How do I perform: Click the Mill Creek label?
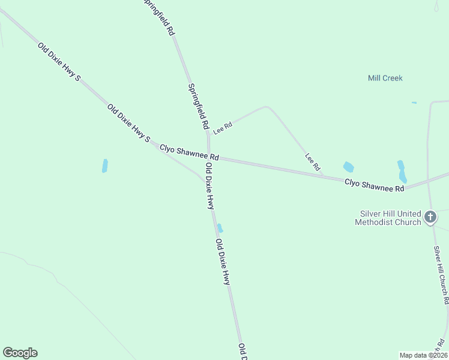coord(385,78)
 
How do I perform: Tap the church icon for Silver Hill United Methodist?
coord(430,217)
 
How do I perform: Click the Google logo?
coord(20,353)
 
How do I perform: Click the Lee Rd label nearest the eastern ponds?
coord(312,161)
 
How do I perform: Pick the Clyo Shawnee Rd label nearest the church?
coord(374,185)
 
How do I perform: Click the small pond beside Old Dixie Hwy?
coord(220,228)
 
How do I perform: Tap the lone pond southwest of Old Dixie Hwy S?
coord(104,166)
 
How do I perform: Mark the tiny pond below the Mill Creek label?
coord(414,103)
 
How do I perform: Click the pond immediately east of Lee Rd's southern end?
coord(348,167)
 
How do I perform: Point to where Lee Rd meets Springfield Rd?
coord(208,133)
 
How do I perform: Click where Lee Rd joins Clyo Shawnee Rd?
coord(325,176)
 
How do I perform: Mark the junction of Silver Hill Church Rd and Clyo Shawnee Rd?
coord(429,183)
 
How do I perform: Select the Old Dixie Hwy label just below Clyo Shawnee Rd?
coord(209,186)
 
